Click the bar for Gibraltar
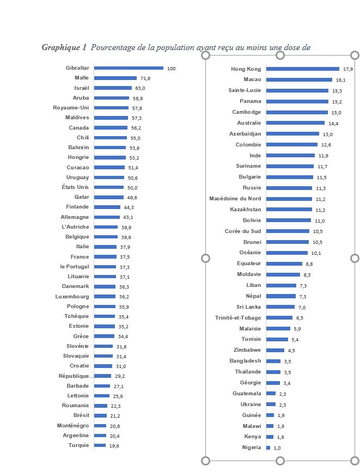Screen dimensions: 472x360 tap(129, 68)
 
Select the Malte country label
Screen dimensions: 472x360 tap(82, 78)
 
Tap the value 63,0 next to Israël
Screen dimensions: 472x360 tap(141, 88)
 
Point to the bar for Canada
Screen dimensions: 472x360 tap(111, 128)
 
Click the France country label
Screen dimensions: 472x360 tap(80, 257)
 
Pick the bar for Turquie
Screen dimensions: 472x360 tap(100, 445)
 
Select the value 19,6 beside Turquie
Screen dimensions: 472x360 tap(114, 445)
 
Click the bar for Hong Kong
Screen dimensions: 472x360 tap(303, 69)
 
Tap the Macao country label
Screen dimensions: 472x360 tap(252, 79)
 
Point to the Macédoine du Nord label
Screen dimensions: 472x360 tap(235, 199)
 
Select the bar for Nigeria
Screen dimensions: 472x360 tap(268, 448)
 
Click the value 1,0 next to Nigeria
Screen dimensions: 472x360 tap(277, 448)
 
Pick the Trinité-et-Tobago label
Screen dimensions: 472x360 tap(238, 317)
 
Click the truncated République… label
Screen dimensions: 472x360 tap(76, 376)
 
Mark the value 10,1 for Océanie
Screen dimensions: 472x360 tap(316, 253)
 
